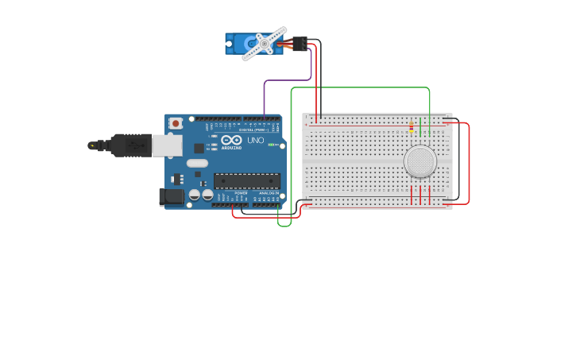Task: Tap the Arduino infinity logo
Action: [x=231, y=141]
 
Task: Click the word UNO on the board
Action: [x=255, y=140]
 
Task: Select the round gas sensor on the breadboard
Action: [x=419, y=161]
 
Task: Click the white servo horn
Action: [x=264, y=44]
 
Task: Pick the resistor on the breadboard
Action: [x=411, y=126]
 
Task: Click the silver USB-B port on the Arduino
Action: [x=166, y=145]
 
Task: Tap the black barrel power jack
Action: [x=171, y=196]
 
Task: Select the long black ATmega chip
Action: [x=246, y=180]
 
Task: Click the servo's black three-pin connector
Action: [x=300, y=43]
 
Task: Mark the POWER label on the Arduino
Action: [x=241, y=192]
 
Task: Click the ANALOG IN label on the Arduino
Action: [x=266, y=192]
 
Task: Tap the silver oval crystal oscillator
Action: [x=197, y=163]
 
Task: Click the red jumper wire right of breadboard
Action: [x=469, y=163]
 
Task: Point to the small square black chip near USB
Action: [x=199, y=148]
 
